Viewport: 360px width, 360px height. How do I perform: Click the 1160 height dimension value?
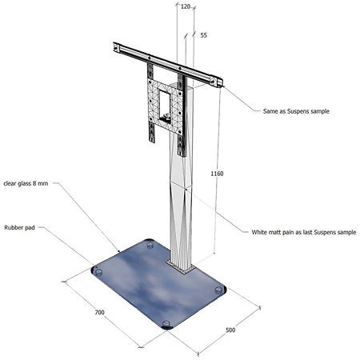(x=217, y=174)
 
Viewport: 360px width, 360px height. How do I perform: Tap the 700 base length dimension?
(x=100, y=312)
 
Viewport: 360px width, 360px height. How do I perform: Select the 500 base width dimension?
(x=230, y=330)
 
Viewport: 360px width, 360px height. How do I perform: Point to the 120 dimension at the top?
(x=186, y=6)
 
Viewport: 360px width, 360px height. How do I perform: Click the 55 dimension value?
(x=203, y=35)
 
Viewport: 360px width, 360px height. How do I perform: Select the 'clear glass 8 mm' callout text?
(x=26, y=183)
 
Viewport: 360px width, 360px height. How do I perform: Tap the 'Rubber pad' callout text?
(x=19, y=228)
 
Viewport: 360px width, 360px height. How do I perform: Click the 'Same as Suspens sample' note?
(x=296, y=111)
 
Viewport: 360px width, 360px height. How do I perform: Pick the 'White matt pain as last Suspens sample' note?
(x=304, y=232)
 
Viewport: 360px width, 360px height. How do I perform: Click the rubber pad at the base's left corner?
(x=98, y=272)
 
